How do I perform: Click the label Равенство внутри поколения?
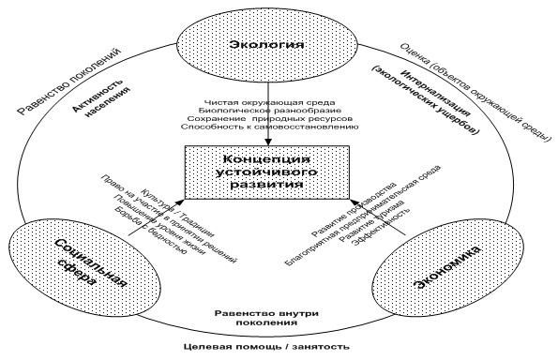(268, 320)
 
